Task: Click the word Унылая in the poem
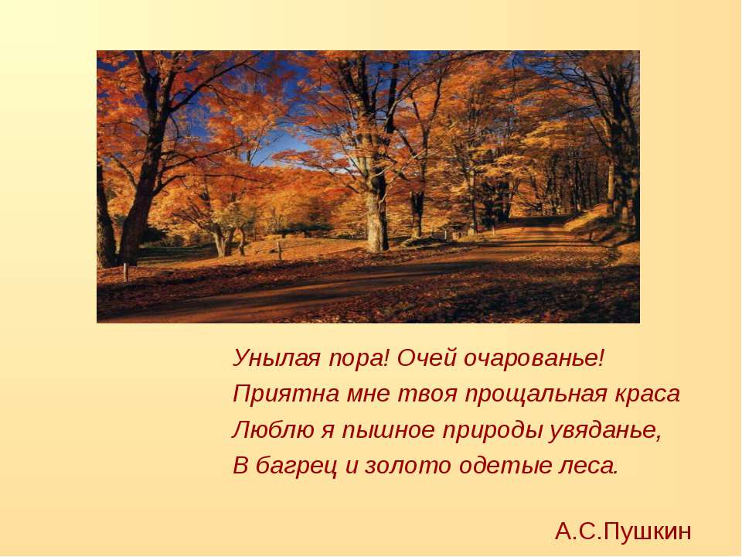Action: [x=277, y=357]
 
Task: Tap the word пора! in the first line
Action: [x=359, y=357]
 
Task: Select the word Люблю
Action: [x=273, y=430]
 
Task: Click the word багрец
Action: [x=297, y=466]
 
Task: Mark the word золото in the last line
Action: [x=408, y=466]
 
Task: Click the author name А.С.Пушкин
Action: [x=623, y=531]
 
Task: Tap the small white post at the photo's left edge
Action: [x=125, y=272]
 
